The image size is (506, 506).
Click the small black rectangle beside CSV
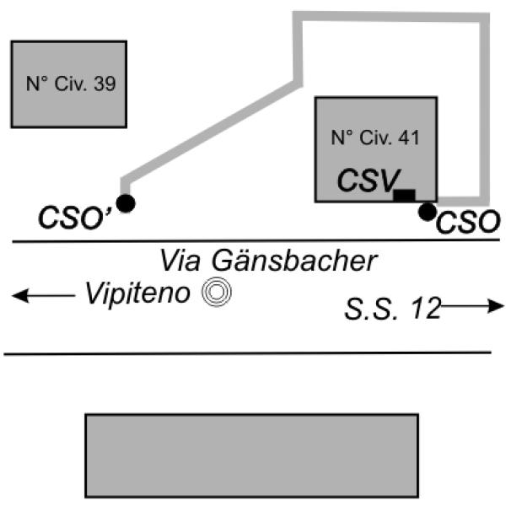point(405,196)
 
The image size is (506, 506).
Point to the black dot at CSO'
point(126,203)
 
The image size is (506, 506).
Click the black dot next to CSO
point(428,211)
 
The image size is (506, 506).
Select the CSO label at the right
point(469,223)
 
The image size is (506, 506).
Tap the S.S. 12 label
point(392,309)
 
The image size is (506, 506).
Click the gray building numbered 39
point(68,105)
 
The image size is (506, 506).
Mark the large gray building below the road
point(252,455)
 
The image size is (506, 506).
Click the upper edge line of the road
point(253,243)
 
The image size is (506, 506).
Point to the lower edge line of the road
point(253,353)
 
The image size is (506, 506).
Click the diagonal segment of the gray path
point(211,132)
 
